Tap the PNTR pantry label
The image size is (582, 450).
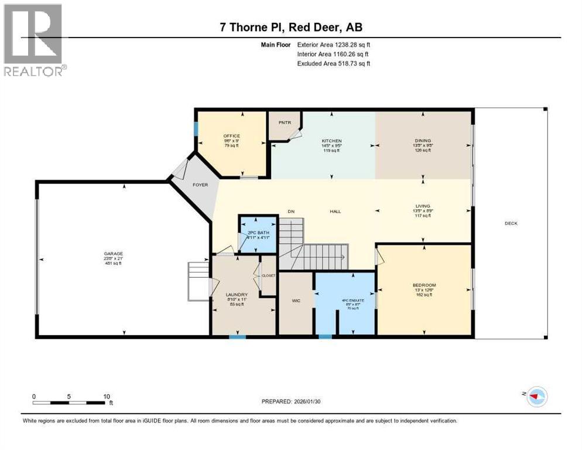(x=284, y=122)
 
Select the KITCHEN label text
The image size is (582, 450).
(x=331, y=141)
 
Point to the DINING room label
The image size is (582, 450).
(x=423, y=141)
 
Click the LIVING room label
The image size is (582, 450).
(x=423, y=206)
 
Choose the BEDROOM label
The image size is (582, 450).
(x=424, y=285)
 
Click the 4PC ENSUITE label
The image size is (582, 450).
(x=353, y=301)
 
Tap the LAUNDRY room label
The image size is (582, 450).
(x=237, y=295)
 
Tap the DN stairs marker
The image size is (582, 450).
(x=290, y=212)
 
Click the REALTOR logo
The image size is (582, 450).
(x=34, y=39)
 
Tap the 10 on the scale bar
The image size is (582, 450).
(x=107, y=396)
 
